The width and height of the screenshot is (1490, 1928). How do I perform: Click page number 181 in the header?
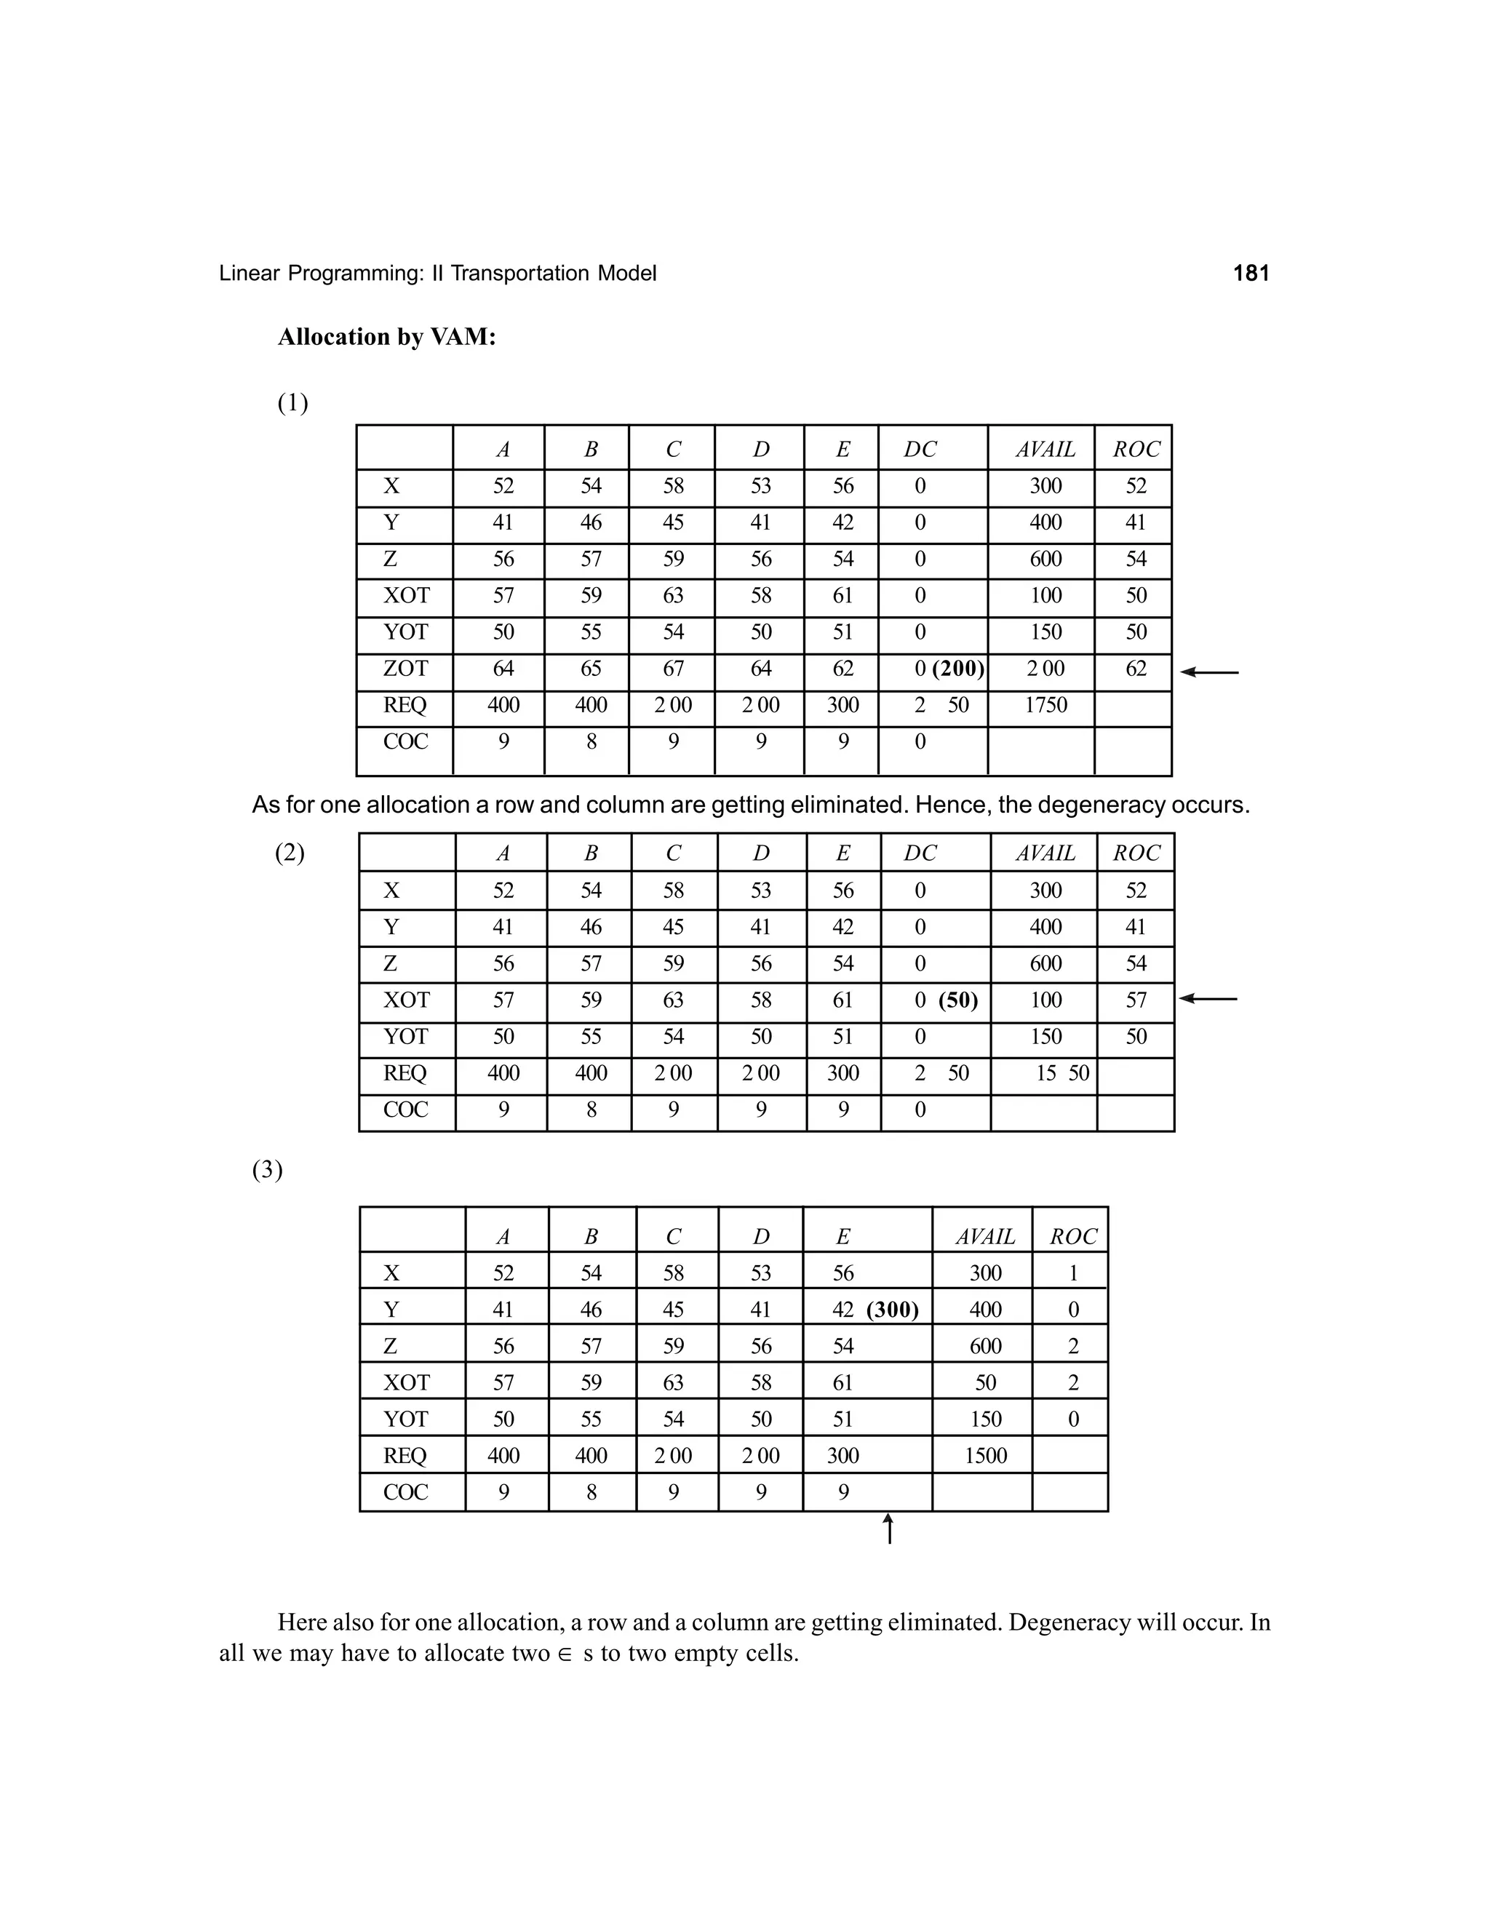coord(1250,274)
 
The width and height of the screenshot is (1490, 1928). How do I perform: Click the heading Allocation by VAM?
coord(386,338)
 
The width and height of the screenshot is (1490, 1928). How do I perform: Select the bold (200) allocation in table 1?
coord(957,669)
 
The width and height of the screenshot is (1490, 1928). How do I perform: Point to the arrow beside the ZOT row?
coord(1209,673)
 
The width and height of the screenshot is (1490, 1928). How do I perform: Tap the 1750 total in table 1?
coord(1045,705)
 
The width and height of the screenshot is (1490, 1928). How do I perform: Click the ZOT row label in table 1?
coord(405,669)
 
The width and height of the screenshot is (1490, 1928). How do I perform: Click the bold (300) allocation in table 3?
coord(893,1310)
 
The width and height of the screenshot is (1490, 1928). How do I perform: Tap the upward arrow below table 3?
coord(889,1529)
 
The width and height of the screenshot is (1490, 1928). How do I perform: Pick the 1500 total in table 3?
coord(985,1456)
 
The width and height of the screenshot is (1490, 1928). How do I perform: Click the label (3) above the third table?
coord(268,1171)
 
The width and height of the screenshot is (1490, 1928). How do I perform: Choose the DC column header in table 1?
coord(920,450)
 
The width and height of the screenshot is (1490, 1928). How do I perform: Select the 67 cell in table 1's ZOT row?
coord(673,669)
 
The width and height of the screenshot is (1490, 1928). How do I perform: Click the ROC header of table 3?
coord(1072,1237)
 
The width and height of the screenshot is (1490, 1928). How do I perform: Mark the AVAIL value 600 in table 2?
coord(1045,964)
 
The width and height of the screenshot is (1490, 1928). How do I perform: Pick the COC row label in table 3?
coord(405,1492)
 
